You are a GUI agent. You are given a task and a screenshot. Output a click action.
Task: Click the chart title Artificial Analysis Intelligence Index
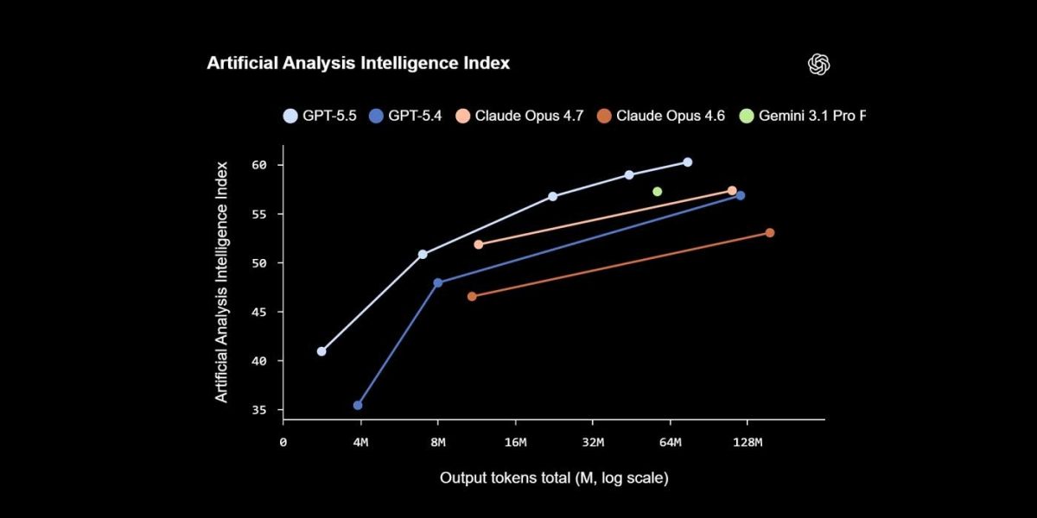[x=358, y=63]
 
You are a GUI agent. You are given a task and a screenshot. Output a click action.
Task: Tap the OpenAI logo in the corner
[x=818, y=64]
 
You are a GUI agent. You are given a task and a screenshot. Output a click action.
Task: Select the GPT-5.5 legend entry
[x=320, y=115]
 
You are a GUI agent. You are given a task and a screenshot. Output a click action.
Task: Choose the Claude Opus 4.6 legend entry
[x=661, y=115]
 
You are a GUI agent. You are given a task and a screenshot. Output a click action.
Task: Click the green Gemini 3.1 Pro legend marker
[x=747, y=115]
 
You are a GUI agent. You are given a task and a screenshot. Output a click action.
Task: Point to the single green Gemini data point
[x=657, y=192]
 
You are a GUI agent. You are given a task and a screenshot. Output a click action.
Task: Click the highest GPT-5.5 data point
[x=687, y=162]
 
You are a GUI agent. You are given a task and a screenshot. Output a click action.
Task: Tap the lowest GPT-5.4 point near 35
[x=358, y=405]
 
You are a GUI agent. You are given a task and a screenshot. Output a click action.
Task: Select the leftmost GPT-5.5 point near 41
[x=321, y=351]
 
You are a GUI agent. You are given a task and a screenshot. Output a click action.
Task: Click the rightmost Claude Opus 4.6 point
[x=769, y=232]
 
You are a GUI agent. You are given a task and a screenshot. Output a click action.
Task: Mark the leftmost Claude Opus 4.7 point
[x=479, y=244]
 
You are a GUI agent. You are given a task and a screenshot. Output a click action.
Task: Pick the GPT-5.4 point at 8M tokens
[x=437, y=282]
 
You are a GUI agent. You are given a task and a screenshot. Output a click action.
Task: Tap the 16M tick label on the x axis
[x=515, y=443]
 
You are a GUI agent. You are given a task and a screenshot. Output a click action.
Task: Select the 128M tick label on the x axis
[x=747, y=443]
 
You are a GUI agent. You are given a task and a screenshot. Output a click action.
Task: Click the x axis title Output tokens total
[x=554, y=477]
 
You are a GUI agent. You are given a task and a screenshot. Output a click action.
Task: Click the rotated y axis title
[x=222, y=281]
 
